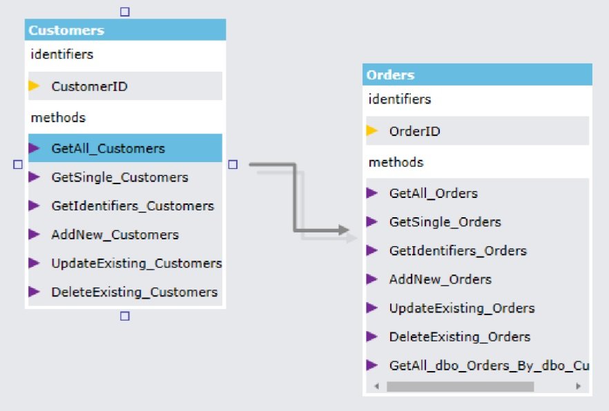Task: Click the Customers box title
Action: point(67,30)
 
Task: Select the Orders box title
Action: point(391,75)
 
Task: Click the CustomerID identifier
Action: point(89,86)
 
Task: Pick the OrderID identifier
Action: point(414,131)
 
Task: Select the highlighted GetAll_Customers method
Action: point(108,148)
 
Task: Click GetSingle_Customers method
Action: point(119,177)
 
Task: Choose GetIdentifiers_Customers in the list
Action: point(132,206)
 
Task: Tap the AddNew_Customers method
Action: point(115,234)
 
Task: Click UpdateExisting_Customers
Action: point(136,263)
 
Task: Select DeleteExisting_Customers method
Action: point(134,292)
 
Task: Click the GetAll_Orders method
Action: point(433,194)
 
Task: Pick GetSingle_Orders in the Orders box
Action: point(445,222)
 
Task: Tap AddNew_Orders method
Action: point(440,279)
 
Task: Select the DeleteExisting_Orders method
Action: point(459,337)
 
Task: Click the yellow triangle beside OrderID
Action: point(372,131)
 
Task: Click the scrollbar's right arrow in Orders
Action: point(578,387)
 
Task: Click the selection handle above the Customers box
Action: point(125,11)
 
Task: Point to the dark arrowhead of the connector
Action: point(343,230)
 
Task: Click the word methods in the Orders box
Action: point(396,163)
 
